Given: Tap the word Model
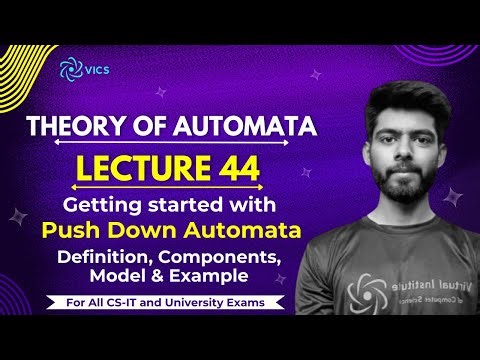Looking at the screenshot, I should [x=120, y=277].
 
